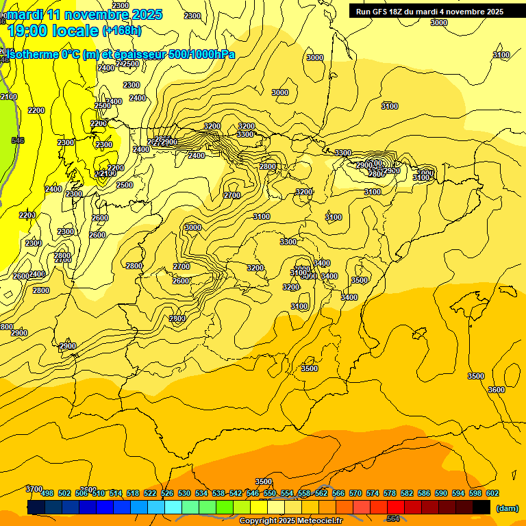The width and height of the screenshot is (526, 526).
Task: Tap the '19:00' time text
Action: click(x=29, y=30)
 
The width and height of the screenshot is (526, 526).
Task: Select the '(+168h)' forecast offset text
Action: click(x=122, y=30)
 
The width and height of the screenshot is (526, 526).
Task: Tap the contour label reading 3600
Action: click(x=497, y=390)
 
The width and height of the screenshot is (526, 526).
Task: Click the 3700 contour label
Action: click(x=34, y=489)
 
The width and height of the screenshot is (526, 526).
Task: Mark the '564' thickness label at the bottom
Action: click(x=393, y=518)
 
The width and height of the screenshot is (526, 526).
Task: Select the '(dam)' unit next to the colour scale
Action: click(x=508, y=508)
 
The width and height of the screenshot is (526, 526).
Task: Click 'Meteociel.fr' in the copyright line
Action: click(x=319, y=521)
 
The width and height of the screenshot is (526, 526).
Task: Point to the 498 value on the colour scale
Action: click(x=47, y=493)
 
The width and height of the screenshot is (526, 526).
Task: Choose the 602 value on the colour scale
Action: click(x=492, y=493)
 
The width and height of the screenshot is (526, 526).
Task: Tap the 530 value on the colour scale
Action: click(x=184, y=493)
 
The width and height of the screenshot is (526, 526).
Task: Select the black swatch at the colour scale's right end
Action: click(x=481, y=508)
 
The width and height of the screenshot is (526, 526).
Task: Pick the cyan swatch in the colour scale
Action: click(x=173, y=508)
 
